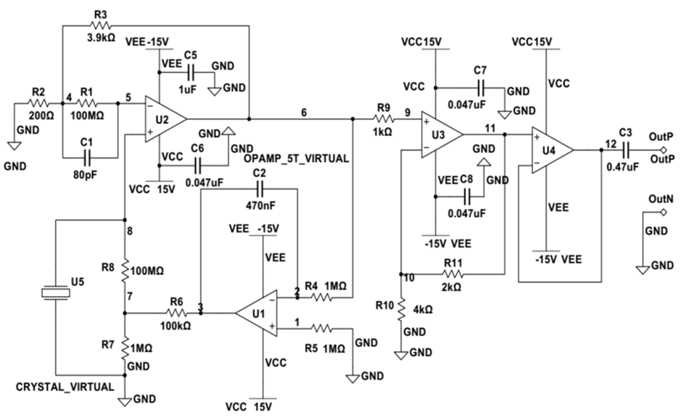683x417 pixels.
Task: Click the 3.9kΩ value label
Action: pos(101,37)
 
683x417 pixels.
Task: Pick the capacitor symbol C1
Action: pos(87,158)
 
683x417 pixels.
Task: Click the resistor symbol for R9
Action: pos(384,119)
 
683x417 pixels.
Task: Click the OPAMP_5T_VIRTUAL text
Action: pos(296,159)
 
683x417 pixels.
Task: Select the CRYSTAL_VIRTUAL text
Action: pos(65,387)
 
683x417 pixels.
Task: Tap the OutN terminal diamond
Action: pos(663,213)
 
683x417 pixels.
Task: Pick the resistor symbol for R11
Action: pos(453,275)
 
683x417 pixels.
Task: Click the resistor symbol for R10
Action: pos(401,310)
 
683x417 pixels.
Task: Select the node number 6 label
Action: pos(304,113)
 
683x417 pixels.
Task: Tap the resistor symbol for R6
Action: pos(177,313)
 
